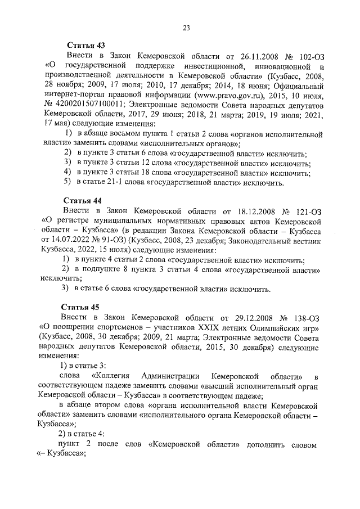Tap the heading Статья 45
point(83,307)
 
